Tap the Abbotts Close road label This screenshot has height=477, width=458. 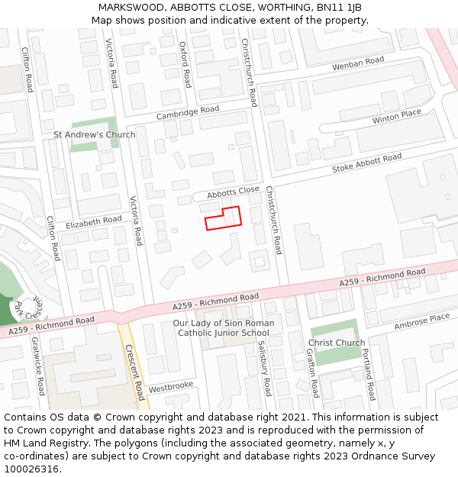pyautogui.click(x=234, y=192)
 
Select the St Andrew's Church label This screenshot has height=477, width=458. pyautogui.click(x=94, y=135)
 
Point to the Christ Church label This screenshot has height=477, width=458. pyautogui.click(x=337, y=343)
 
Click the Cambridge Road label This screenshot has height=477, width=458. pyautogui.click(x=188, y=113)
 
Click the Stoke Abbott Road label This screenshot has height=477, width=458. pyautogui.click(x=366, y=163)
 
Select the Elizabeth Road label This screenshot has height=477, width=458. pyautogui.click(x=94, y=223)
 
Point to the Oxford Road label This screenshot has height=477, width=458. pyautogui.click(x=185, y=64)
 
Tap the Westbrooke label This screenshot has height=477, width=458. pyautogui.click(x=171, y=387)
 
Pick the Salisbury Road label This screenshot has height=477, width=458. pyautogui.click(x=264, y=368)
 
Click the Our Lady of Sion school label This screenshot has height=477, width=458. pyautogui.click(x=224, y=328)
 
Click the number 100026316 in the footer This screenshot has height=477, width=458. pyautogui.click(x=31, y=469)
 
